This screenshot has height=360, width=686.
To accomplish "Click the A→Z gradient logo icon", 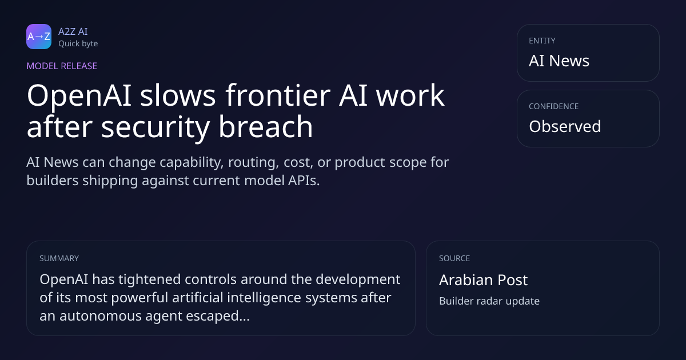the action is point(39,37).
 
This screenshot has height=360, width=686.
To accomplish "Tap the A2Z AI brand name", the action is point(73,31).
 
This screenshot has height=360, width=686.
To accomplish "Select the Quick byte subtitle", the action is point(78,44).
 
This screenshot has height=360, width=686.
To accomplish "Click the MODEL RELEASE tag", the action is point(62,66).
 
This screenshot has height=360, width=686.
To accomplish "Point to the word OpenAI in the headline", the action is point(79,96).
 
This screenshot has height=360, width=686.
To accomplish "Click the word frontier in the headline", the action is point(278,95).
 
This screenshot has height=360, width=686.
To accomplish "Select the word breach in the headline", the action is point(265,126).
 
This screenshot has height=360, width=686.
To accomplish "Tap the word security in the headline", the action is point(155,129).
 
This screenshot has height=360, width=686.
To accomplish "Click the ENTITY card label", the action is point(542,41).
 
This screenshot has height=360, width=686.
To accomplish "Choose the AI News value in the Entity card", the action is point(559,61).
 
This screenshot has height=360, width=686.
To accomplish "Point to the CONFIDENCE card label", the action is point(554,106).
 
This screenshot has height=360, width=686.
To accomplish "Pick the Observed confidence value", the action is point(565,126).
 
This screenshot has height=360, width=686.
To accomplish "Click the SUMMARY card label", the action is point(59,258).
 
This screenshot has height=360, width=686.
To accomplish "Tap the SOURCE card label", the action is point(454,258).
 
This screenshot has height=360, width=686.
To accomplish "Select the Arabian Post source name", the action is point(483,280).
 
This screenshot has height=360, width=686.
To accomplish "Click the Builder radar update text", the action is point(489,301).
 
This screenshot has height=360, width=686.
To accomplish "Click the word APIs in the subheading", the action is point(304,181).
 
